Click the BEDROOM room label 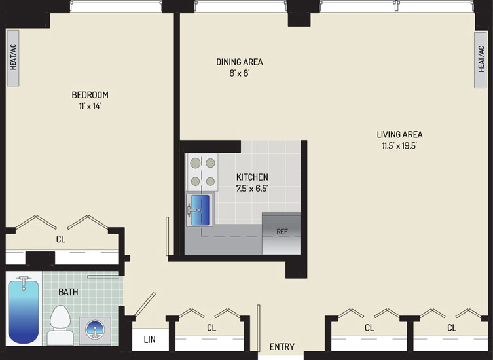point(90,95)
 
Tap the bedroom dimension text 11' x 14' point(90,106)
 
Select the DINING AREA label point(239,62)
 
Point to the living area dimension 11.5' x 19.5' point(399,146)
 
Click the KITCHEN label point(252,177)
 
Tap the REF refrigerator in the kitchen point(282,233)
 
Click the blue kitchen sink point(200,210)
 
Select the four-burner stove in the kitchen point(203,172)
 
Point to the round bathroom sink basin point(95,330)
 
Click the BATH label point(68,292)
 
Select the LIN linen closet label point(150,340)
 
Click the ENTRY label point(282,346)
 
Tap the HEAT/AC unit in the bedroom point(13,58)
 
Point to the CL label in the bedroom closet point(61,240)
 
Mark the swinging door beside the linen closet point(145,304)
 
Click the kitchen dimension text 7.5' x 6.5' point(252,189)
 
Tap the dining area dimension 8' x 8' point(239,73)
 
